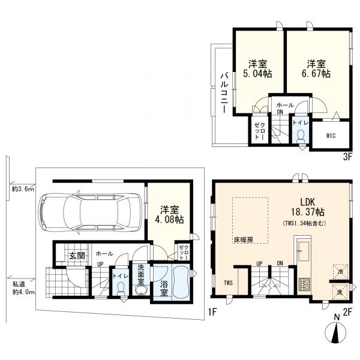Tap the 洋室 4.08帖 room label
click(x=169, y=215)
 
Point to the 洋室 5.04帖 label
click(x=257, y=68)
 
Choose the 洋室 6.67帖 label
click(x=316, y=68)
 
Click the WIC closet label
click(x=331, y=136)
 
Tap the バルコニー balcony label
click(x=224, y=93)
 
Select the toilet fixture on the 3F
click(x=301, y=136)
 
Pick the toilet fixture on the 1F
click(x=121, y=289)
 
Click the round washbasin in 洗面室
click(x=140, y=290)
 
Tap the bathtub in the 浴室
click(x=181, y=282)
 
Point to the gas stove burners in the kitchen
click(x=304, y=284)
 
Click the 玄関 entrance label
click(x=77, y=256)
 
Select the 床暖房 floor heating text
click(x=244, y=240)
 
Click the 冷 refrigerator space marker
click(x=340, y=272)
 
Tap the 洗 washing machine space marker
click(x=340, y=292)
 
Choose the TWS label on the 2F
click(x=229, y=283)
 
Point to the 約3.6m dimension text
click(x=23, y=189)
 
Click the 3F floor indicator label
click(x=347, y=157)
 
